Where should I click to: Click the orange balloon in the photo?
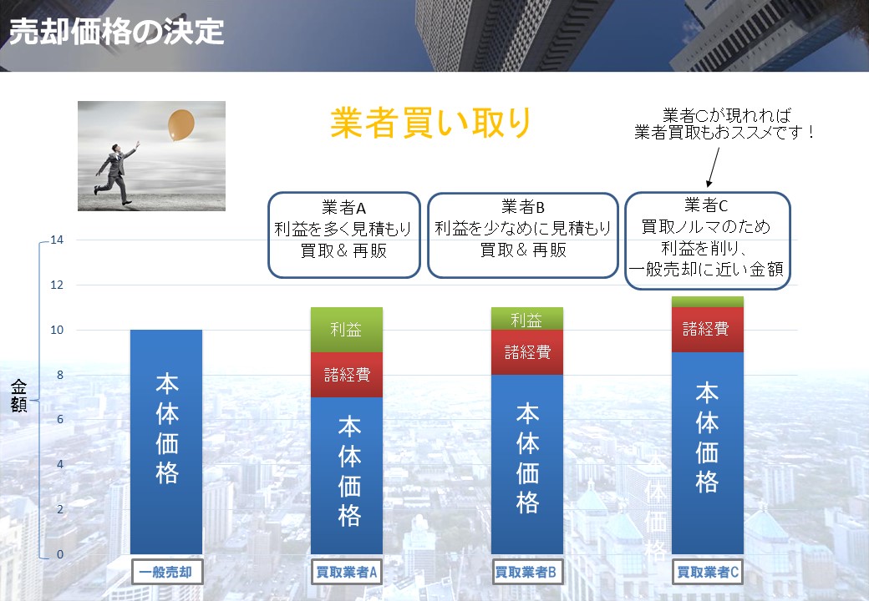181,124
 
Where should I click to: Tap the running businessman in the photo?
116,174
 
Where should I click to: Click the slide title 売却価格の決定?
117,31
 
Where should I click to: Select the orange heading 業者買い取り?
430,123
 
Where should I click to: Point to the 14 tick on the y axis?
57,240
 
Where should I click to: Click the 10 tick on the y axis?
57,330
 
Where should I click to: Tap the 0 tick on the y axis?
60,554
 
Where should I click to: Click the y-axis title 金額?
19,396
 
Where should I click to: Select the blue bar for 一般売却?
166,442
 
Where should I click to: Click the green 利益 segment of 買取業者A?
347,330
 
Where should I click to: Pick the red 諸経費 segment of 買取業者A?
347,375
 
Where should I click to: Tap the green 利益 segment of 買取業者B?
527,319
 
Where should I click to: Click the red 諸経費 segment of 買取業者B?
527,352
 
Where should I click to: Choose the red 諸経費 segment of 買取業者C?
708,330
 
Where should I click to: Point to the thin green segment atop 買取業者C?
708,301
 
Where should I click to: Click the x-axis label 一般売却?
167,572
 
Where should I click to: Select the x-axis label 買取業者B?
526,572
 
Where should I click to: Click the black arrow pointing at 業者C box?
714,167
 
